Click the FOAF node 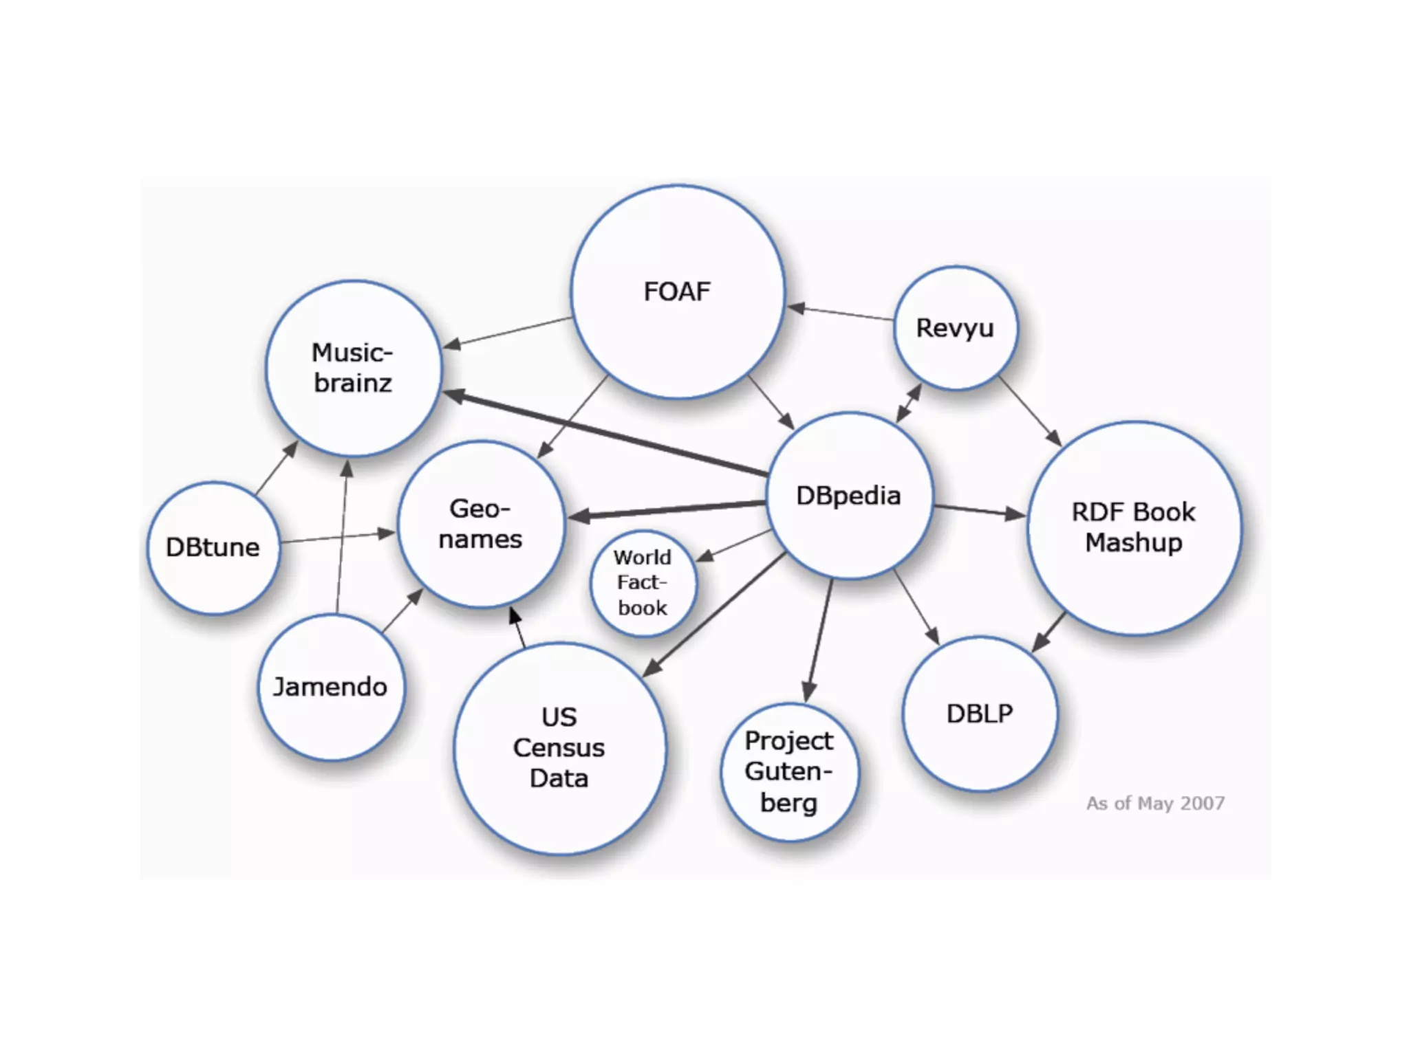click(x=678, y=291)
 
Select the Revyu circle click(x=955, y=328)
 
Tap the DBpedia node click(x=849, y=496)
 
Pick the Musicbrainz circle click(x=353, y=368)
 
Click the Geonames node click(x=481, y=524)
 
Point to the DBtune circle click(x=213, y=547)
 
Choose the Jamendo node click(x=331, y=687)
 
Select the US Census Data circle click(x=559, y=748)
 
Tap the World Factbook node click(x=643, y=583)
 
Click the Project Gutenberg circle click(x=789, y=771)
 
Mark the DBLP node click(x=980, y=714)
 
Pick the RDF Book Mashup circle click(x=1134, y=527)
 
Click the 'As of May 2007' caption click(x=1155, y=803)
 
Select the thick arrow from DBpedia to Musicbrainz click(x=605, y=434)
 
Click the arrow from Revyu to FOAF click(x=841, y=313)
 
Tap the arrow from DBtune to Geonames click(x=337, y=537)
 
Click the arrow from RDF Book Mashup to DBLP click(x=1048, y=632)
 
